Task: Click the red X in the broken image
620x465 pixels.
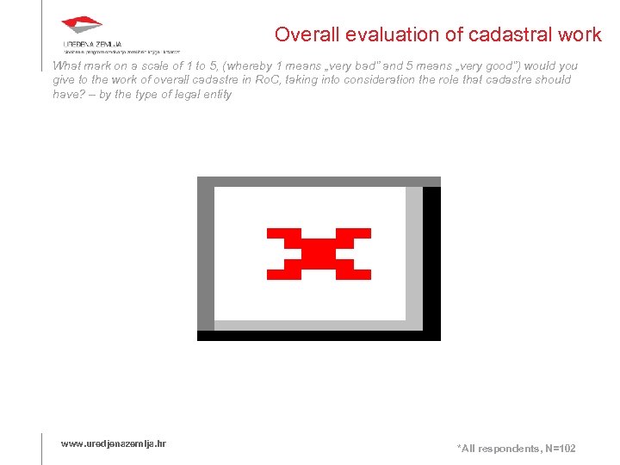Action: click(319, 254)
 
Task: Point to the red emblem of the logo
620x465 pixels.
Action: click(82, 26)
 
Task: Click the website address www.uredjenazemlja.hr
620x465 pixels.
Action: click(114, 443)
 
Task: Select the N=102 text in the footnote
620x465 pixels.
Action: click(558, 449)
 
